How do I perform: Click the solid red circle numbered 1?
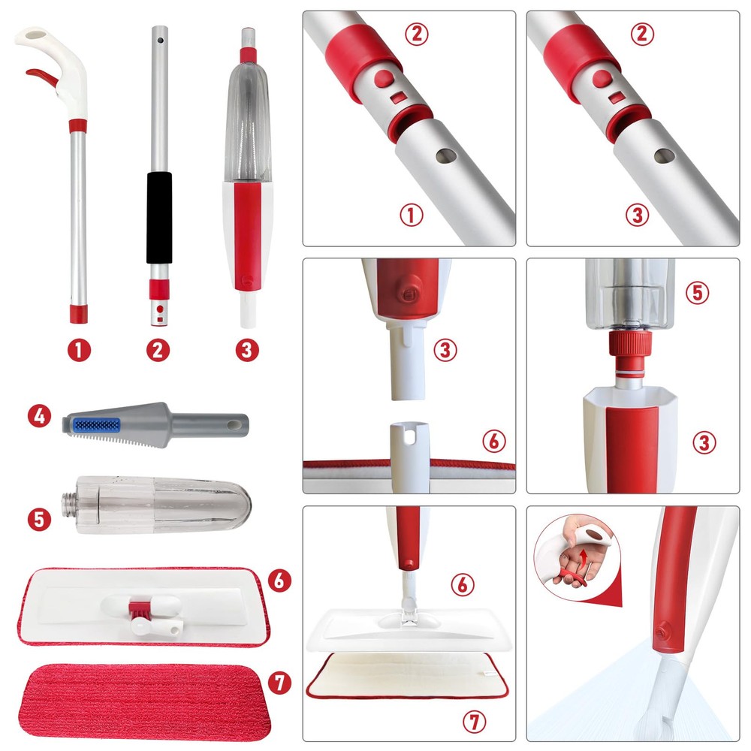79,350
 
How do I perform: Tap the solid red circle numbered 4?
39,416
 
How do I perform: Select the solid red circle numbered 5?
39,520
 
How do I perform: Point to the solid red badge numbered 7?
279,683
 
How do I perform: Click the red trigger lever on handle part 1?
42,76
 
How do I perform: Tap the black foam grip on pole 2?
159,218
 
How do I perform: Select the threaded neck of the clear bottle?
68,505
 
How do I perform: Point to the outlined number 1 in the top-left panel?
412,215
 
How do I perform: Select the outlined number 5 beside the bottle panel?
698,293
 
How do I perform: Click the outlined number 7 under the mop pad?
474,721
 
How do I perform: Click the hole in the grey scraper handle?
234,425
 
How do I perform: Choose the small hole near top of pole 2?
160,41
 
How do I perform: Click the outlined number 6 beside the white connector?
494,441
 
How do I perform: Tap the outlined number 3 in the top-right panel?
638,215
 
